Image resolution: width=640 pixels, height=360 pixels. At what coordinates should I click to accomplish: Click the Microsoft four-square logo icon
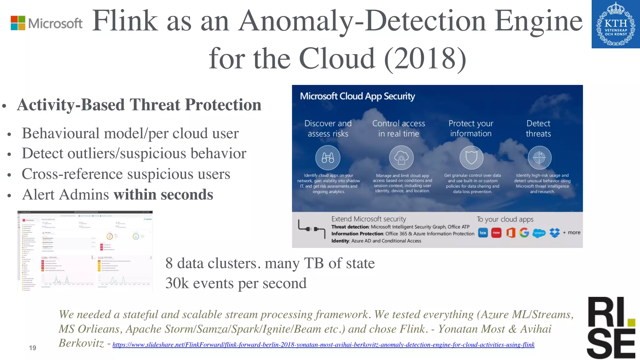coord(18,23)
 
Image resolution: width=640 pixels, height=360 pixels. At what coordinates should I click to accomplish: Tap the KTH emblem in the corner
coord(616,24)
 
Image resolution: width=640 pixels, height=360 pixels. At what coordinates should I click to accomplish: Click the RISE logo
coord(611,327)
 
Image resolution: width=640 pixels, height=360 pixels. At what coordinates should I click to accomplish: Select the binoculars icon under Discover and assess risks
coord(328,157)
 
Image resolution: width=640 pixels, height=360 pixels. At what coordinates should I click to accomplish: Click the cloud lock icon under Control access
coord(401,157)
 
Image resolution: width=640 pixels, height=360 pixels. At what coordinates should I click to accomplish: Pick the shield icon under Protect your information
coord(471,157)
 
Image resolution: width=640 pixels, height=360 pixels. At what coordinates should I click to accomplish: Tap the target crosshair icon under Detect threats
coord(539,157)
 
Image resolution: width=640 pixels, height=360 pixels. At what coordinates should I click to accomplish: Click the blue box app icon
coord(483,233)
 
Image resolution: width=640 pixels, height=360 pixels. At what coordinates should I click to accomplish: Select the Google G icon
coord(524,233)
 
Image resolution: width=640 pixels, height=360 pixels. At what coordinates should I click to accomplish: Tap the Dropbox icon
coord(555,233)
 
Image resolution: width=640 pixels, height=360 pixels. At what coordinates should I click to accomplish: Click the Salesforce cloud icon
coord(539,233)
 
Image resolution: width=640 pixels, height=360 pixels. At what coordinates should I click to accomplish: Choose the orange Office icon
coord(511,233)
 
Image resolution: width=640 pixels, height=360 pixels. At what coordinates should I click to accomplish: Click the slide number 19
coord(32,348)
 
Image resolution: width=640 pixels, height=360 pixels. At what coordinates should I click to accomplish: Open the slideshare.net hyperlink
coord(323,345)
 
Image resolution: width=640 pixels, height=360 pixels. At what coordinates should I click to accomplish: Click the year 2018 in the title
coord(425,58)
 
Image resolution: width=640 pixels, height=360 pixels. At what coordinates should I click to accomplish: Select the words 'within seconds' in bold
coord(163,195)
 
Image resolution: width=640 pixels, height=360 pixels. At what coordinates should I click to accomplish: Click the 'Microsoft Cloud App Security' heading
coord(357,96)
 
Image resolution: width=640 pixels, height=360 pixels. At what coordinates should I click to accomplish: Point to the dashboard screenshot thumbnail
coord(85,251)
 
